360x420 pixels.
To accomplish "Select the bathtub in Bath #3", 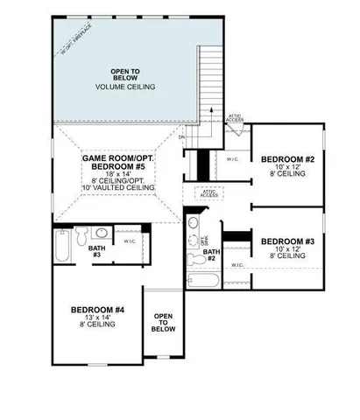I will coord(62,246).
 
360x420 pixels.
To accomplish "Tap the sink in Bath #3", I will coord(101,234).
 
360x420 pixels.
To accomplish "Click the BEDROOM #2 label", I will coord(286,158).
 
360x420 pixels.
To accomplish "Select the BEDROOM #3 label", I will coord(286,241).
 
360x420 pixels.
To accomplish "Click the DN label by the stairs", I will coord(182,137).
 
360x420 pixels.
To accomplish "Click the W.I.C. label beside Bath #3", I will coord(129,241).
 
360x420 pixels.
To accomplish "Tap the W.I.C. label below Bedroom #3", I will coord(237,264).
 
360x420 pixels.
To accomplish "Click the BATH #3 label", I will coord(95,251).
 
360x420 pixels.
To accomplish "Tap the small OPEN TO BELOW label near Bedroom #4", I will coord(163,321).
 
